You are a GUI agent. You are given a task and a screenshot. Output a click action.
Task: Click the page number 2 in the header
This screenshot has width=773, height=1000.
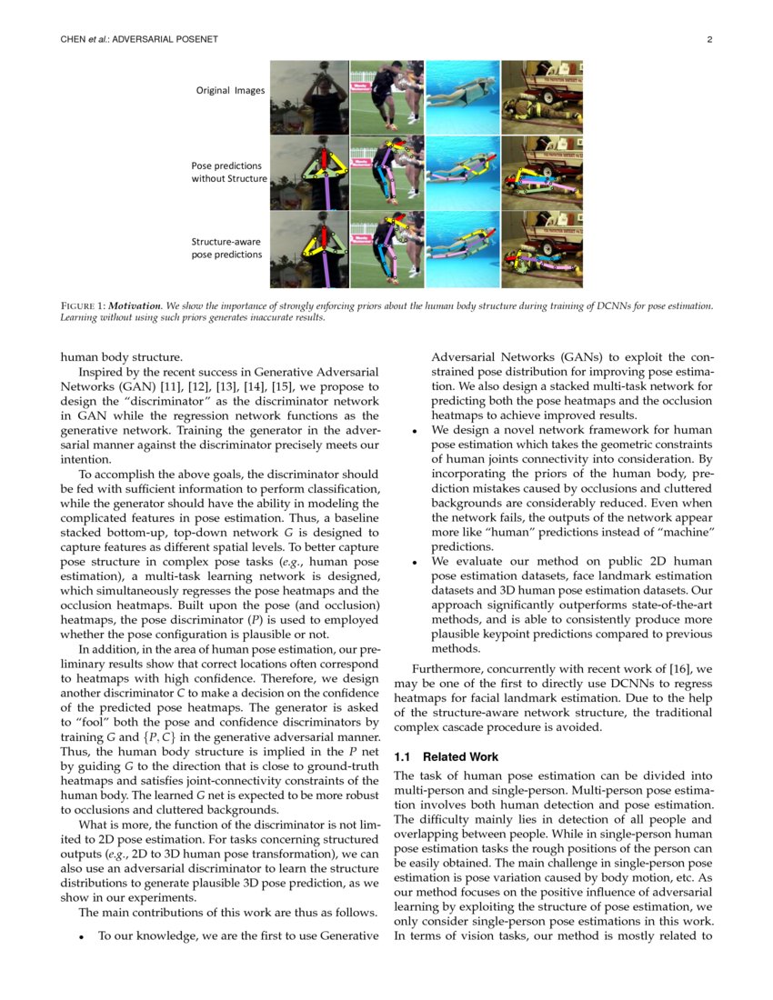pos(708,39)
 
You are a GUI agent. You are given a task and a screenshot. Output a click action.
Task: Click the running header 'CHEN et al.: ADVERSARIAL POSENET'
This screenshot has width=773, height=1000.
pos(139,39)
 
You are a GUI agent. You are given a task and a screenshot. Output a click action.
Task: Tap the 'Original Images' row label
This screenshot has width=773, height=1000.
pos(227,90)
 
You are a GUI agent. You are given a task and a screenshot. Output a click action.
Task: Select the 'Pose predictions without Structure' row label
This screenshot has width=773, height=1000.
pos(228,172)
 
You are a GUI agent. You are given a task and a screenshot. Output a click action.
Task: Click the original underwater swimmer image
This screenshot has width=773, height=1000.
pos(462,97)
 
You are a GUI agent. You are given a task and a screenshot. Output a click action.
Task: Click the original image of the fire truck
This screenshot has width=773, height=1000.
pos(541,97)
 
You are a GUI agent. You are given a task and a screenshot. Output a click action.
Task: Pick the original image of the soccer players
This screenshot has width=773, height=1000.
pos(386,97)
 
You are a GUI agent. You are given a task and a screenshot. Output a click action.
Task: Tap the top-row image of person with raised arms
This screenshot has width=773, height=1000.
pos(308,97)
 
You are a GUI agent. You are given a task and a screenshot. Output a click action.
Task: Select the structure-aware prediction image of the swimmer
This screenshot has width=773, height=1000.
pos(462,249)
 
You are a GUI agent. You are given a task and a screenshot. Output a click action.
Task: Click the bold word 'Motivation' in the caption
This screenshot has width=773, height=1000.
pos(136,305)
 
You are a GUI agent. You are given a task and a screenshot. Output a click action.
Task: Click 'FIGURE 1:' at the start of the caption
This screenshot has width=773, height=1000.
pos(83,305)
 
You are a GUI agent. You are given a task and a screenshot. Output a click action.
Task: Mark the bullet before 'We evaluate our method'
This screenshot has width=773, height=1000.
pos(415,562)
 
